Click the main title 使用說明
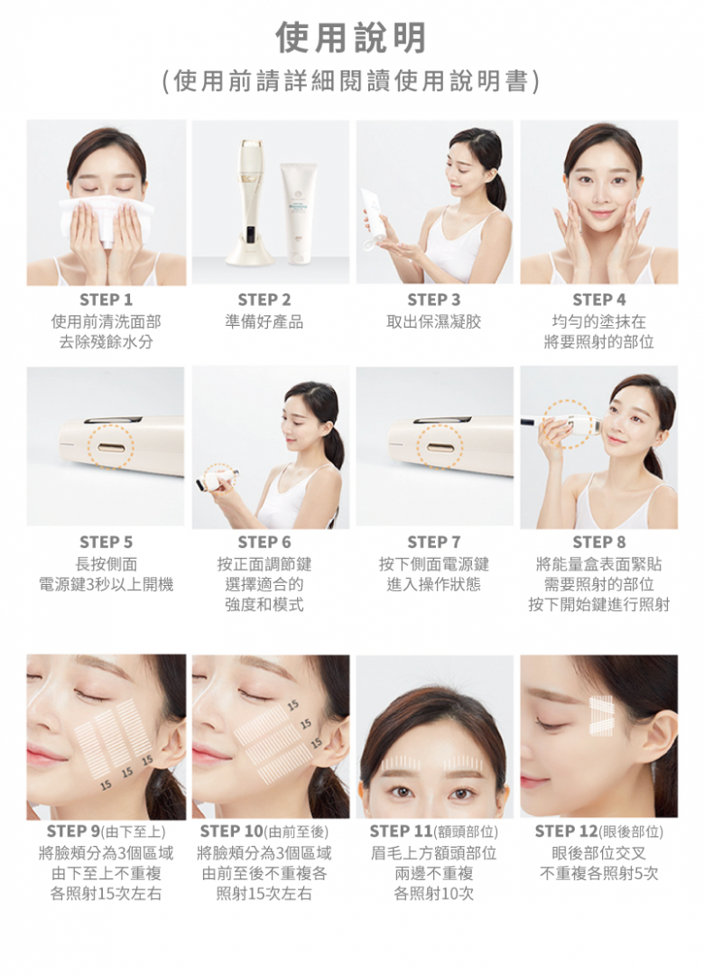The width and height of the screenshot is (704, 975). [351, 37]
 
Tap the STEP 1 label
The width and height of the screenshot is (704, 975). [107, 300]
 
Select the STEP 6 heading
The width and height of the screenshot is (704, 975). [264, 543]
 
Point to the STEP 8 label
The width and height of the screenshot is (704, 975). [599, 543]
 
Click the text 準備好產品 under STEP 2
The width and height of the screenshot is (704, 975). [264, 321]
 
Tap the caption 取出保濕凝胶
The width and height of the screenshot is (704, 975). [434, 321]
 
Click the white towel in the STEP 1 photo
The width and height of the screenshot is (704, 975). [107, 215]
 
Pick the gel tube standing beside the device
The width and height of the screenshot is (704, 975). [298, 209]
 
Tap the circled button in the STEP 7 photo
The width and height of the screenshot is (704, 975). [440, 446]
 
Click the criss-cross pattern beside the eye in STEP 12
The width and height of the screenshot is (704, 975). [601, 715]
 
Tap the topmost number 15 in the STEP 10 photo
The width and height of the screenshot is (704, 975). [293, 704]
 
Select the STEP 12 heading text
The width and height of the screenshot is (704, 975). [598, 831]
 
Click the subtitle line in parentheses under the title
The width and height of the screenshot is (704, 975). [351, 81]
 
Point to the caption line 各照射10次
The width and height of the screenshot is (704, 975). [434, 894]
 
